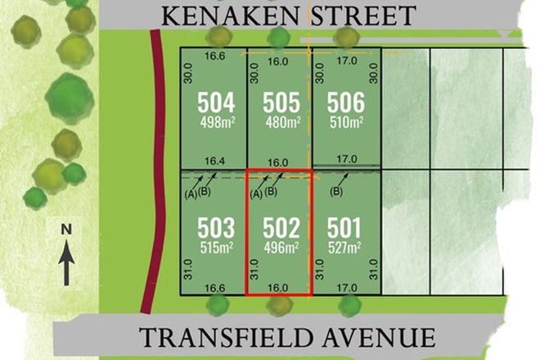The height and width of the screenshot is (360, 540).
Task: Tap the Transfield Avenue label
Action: [x=286, y=337]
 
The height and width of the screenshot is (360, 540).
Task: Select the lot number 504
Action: [x=216, y=104]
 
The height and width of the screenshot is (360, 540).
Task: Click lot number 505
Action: [x=280, y=104]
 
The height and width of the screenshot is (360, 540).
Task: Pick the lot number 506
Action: [x=344, y=104]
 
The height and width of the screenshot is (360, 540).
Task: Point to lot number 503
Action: [x=216, y=227]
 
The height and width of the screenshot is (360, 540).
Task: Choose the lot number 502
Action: [x=280, y=227]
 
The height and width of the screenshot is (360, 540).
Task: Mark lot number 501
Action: [x=344, y=227]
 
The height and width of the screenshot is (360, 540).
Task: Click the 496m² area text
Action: [x=280, y=246]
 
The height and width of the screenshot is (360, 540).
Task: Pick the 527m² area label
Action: [x=344, y=246]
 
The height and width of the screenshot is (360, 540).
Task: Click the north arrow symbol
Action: [x=67, y=267]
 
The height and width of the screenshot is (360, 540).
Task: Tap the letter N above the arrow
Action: [x=67, y=230]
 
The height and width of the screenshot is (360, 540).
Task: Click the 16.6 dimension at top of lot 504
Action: [x=216, y=56]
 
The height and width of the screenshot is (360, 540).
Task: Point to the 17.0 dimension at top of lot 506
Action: [x=346, y=60]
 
